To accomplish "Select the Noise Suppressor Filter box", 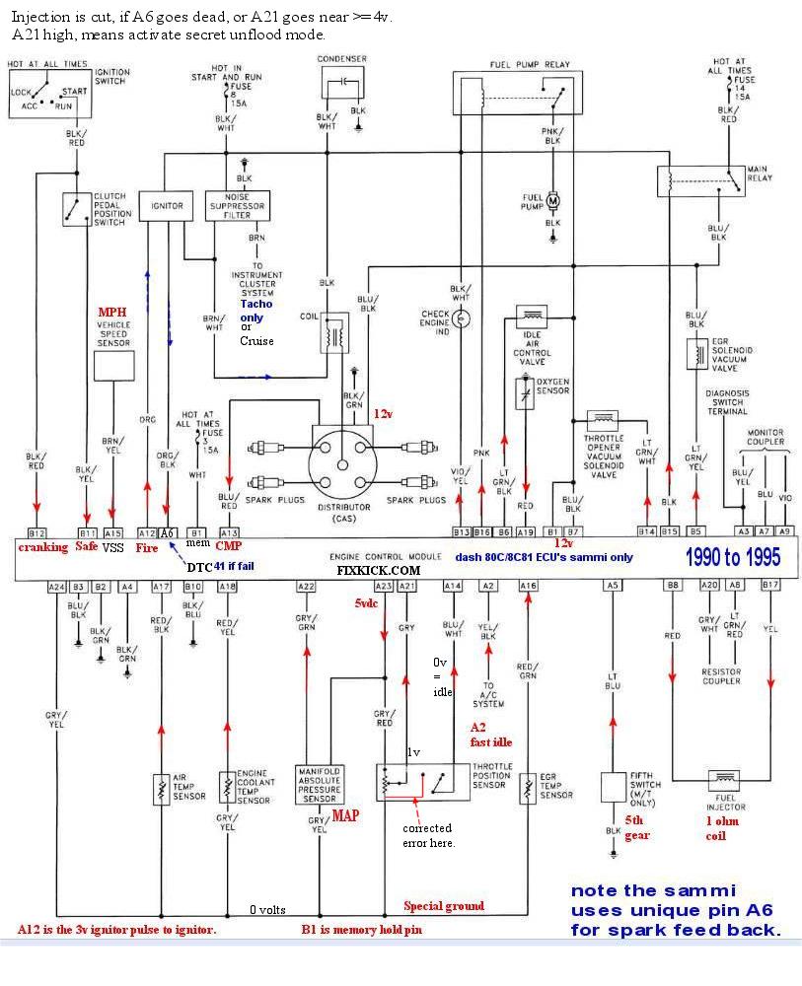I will point(237,206).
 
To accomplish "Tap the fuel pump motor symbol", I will point(552,201).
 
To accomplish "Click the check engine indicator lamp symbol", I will point(461,318).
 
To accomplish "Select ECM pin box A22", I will point(306,586).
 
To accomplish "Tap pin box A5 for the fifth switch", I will point(613,586).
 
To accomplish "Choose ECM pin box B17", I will point(770,586).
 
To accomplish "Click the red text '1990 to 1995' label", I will point(733,557).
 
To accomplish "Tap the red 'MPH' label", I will point(110,312).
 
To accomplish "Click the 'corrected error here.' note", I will point(428,835).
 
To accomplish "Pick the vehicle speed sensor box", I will point(113,366).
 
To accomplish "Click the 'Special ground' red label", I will point(444,905).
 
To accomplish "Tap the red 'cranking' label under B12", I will point(42,546).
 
